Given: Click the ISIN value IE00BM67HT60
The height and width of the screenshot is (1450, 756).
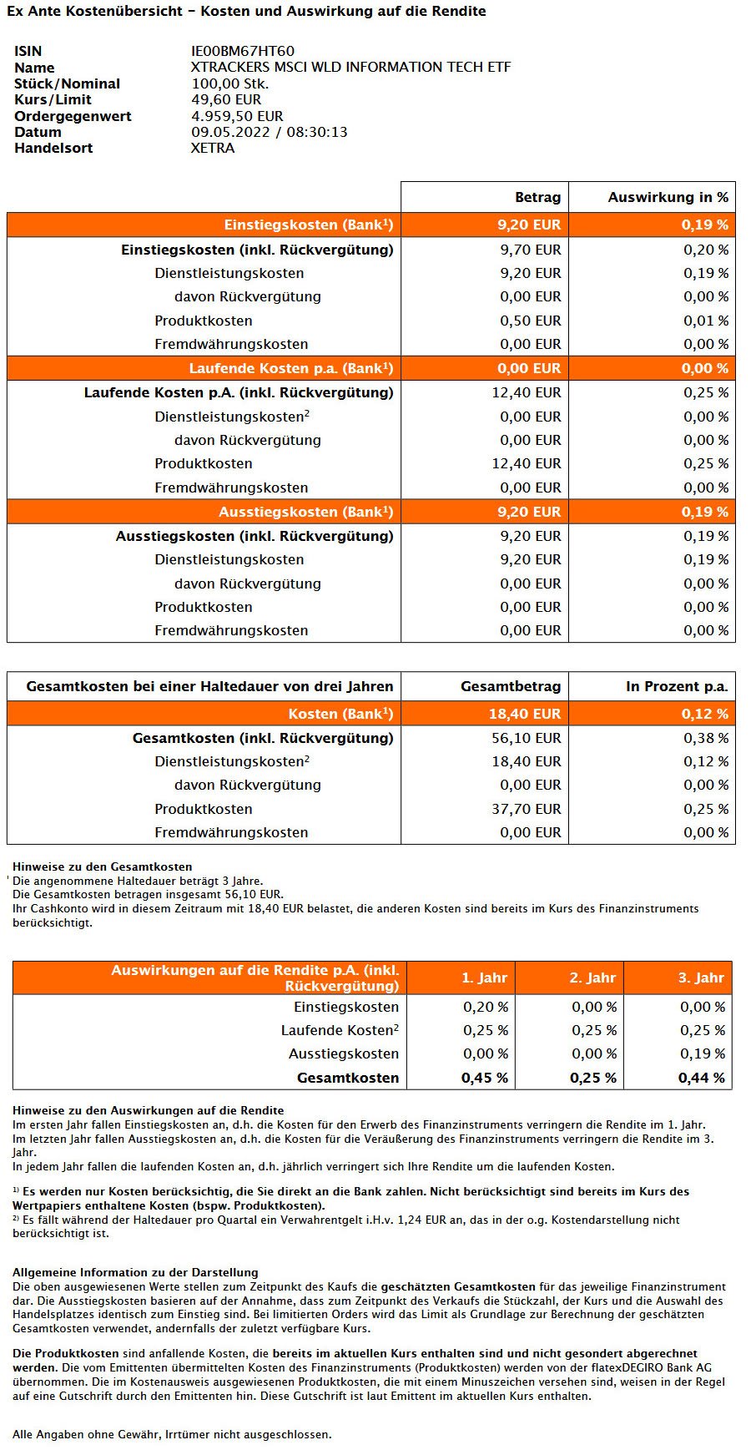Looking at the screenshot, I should click(x=243, y=52).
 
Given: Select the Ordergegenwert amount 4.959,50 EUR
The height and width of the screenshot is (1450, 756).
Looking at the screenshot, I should click(x=237, y=116).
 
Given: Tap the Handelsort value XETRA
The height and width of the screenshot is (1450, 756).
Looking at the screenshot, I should click(x=213, y=148).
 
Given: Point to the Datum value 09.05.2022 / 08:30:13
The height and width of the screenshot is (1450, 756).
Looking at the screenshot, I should click(x=270, y=132).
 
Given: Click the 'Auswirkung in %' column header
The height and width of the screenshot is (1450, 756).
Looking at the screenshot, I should click(x=668, y=197).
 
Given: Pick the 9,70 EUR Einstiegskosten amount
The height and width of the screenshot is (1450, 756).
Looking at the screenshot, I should click(x=531, y=250).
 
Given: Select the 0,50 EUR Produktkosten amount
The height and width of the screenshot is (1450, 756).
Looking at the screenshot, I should click(x=531, y=321).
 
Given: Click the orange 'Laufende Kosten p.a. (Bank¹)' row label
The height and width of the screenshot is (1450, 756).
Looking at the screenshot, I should click(x=291, y=368).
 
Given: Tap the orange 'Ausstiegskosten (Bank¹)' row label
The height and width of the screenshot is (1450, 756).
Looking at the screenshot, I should click(x=306, y=512).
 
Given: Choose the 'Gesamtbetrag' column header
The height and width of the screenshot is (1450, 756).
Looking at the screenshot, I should click(x=511, y=686).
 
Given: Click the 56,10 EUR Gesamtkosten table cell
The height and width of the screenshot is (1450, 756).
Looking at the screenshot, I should click(x=527, y=738).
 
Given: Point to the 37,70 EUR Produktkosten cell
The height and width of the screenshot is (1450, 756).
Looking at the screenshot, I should click(x=527, y=809).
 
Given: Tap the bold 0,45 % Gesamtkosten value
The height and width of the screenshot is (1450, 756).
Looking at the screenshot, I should click(x=485, y=1078).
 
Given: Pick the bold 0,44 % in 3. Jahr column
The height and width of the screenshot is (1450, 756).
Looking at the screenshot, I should click(x=702, y=1078).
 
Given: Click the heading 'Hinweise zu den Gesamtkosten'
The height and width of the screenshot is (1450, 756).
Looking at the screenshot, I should click(x=103, y=866).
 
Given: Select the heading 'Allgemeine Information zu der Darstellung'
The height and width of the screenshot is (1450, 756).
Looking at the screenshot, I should click(x=135, y=1272).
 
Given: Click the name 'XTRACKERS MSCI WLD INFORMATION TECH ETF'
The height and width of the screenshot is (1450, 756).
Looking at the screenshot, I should click(x=351, y=68).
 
